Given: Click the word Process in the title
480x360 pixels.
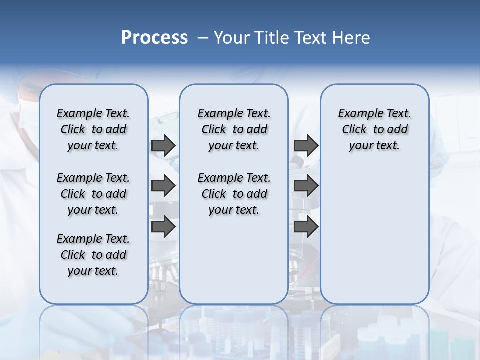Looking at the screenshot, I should click(154, 38).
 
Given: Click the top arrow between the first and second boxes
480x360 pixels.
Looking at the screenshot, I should click(163, 146).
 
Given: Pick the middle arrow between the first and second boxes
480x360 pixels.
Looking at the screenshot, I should click(163, 186).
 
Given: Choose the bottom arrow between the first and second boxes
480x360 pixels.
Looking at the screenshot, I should click(163, 227).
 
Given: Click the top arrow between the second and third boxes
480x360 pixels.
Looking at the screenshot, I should click(306, 146).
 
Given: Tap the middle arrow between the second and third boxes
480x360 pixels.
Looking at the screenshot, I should click(306, 186).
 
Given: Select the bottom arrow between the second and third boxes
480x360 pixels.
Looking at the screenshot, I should click(306, 227).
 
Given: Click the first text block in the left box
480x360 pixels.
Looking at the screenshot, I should click(93, 129).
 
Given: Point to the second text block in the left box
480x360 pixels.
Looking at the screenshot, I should click(93, 194).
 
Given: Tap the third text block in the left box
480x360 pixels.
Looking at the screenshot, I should click(93, 255).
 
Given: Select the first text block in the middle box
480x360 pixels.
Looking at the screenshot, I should click(234, 129).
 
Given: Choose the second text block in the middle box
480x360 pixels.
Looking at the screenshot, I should click(234, 194).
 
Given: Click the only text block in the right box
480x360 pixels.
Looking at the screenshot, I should click(374, 129).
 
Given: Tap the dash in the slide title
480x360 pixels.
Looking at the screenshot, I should click(203, 38).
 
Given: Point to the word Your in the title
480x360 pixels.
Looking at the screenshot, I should click(233, 38).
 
